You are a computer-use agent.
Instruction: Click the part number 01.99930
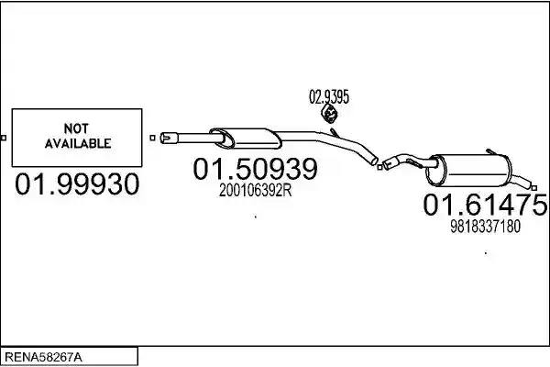pyautogui.click(x=77, y=184)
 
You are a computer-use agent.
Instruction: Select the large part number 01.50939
pyautogui.click(x=256, y=169)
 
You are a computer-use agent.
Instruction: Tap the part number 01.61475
pyautogui.click(x=485, y=205)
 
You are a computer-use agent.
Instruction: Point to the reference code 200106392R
pyautogui.click(x=256, y=191)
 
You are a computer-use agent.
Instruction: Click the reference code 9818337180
pyautogui.click(x=485, y=227)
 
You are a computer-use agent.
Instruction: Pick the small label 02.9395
pyautogui.click(x=329, y=97)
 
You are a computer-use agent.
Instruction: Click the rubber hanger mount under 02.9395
pyautogui.click(x=329, y=113)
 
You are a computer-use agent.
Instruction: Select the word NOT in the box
pyautogui.click(x=76, y=128)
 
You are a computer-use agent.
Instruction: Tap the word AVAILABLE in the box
pyautogui.click(x=78, y=143)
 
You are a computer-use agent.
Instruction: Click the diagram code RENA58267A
pyautogui.click(x=43, y=358)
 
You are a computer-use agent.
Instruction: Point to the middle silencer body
pyautogui.click(x=246, y=138)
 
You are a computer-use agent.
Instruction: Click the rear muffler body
pyautogui.click(x=468, y=171)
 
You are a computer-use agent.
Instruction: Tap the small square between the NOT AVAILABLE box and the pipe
pyautogui.click(x=152, y=138)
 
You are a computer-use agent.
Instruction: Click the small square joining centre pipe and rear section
pyautogui.click(x=379, y=167)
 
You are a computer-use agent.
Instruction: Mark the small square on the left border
pyautogui.click(x=4, y=138)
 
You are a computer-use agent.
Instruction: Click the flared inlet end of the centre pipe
pyautogui.click(x=169, y=138)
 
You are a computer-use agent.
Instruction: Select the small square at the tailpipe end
pyautogui.click(x=533, y=189)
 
